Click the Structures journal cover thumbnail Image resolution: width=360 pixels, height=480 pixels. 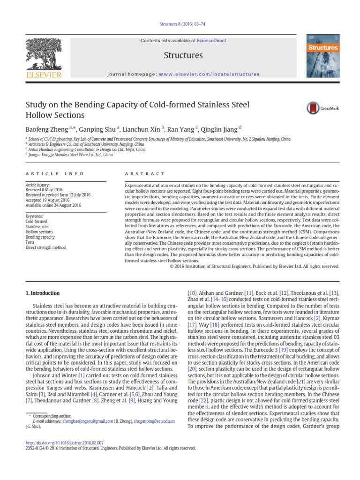click(x=322, y=55)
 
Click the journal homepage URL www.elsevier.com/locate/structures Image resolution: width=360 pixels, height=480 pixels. click(x=209, y=74)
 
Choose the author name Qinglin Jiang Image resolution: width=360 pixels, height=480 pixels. click(x=220, y=129)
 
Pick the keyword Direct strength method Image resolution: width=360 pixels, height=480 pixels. click(x=45, y=247)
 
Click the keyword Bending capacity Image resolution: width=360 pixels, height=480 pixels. click(x=40, y=237)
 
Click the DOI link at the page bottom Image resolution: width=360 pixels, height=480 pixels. click(x=65, y=442)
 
